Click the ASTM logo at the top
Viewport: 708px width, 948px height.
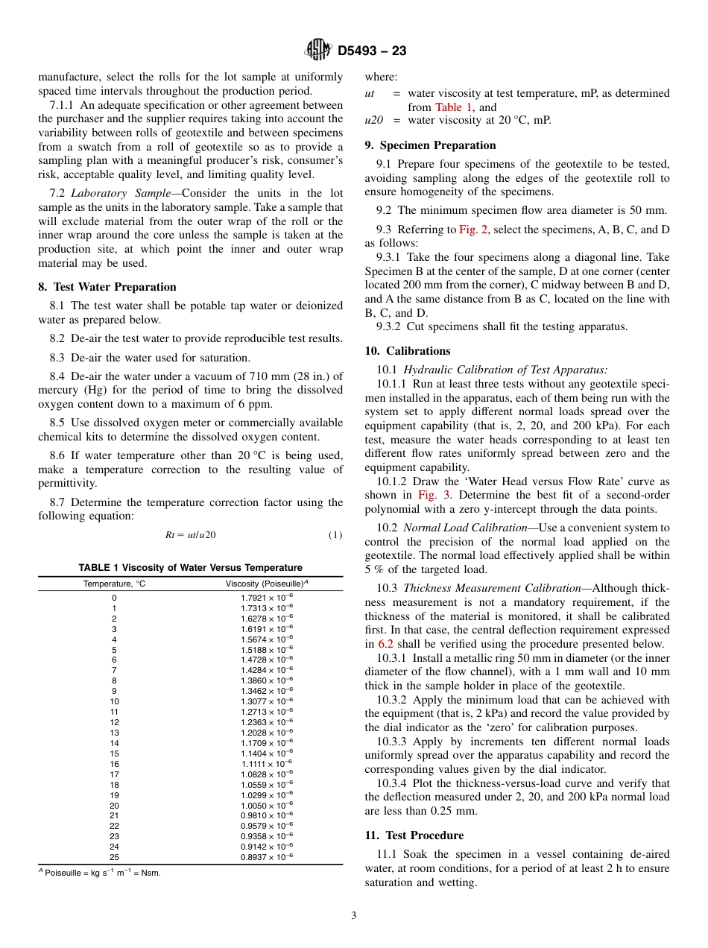[x=318, y=50]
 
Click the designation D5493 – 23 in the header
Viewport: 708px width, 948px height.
[x=372, y=51]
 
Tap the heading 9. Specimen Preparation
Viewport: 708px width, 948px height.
[x=430, y=145]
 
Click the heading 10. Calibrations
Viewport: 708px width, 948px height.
[x=408, y=351]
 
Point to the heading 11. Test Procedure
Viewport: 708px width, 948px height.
[x=414, y=835]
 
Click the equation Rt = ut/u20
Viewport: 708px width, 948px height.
[x=190, y=535]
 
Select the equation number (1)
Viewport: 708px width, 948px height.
[x=335, y=535]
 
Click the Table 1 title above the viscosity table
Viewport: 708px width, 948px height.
[x=190, y=568]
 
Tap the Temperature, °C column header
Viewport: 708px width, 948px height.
[x=114, y=584]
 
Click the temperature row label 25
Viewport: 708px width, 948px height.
[x=114, y=857]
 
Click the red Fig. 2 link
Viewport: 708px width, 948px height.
[x=473, y=230]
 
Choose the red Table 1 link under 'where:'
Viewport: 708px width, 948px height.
[x=454, y=107]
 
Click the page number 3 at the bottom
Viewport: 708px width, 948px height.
[x=354, y=916]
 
